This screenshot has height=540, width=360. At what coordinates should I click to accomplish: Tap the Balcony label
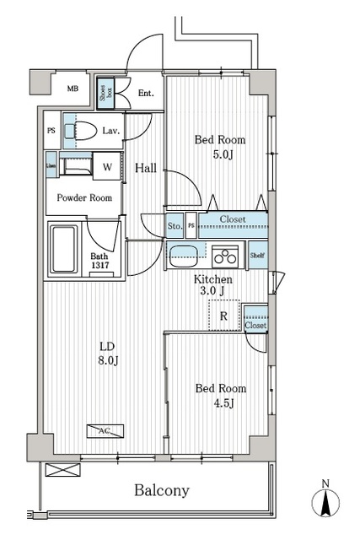point(159,490)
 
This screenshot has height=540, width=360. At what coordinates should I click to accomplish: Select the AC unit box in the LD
point(105,430)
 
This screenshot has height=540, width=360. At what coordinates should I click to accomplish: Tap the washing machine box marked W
point(107,165)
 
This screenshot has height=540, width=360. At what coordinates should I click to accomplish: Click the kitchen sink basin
point(183,254)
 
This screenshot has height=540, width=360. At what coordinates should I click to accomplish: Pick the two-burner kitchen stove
point(225,254)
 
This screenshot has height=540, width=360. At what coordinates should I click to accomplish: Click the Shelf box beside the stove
point(257,254)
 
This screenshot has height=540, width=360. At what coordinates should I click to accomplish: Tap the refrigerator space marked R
point(223,316)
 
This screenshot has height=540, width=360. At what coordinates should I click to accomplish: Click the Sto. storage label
point(175,226)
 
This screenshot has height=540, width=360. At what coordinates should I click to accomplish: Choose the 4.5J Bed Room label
point(221,395)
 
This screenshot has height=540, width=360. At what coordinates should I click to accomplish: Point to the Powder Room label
point(84,198)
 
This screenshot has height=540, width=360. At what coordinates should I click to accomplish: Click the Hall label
point(148,168)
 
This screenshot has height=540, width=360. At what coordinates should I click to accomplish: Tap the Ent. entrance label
point(145,94)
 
